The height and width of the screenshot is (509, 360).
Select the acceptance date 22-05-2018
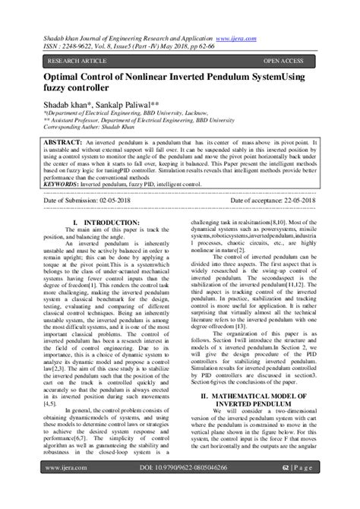coord(289,201)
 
